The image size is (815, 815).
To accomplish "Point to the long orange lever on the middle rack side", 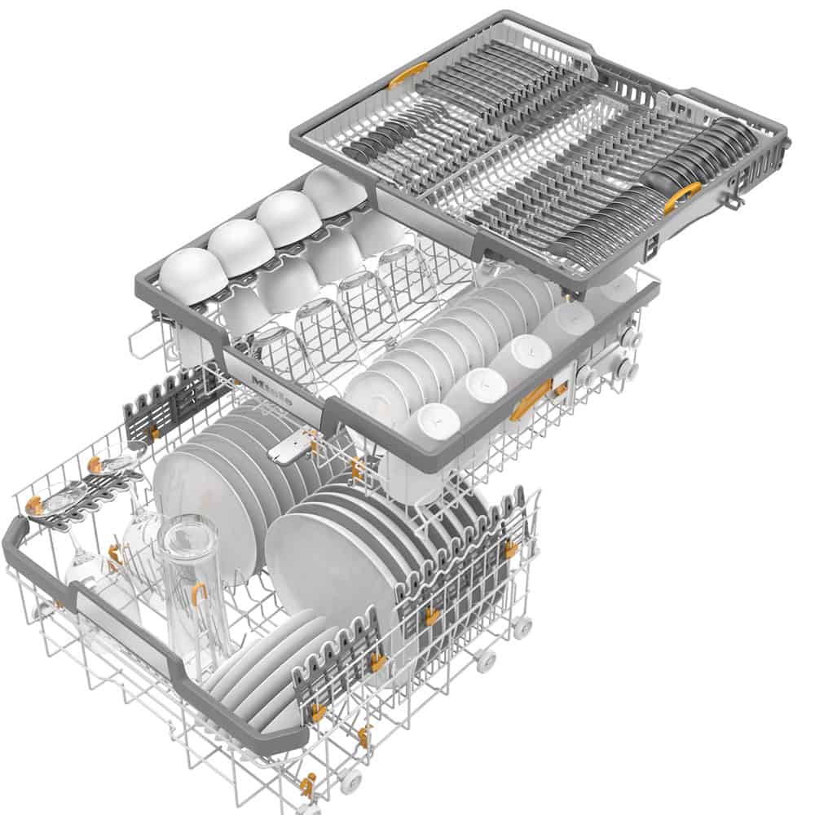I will click(531, 399).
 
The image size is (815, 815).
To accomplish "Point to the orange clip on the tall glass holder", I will click(199, 591).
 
